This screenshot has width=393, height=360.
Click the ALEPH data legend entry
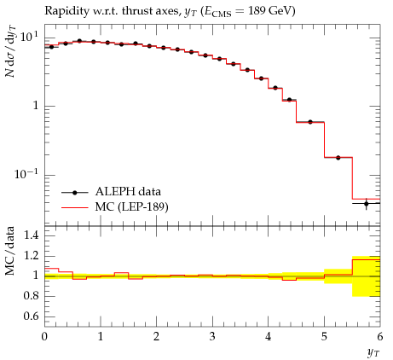pyautogui.click(x=111, y=192)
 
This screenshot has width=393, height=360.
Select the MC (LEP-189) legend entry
pyautogui.click(x=115, y=207)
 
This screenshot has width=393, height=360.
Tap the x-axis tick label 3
pyautogui.click(x=212, y=337)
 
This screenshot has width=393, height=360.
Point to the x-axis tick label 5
pyautogui.click(x=324, y=337)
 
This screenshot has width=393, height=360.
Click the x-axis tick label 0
pyautogui.click(x=44, y=337)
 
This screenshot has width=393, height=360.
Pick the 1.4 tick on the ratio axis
pyautogui.click(x=31, y=235)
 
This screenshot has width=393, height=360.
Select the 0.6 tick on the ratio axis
pyautogui.click(x=31, y=316)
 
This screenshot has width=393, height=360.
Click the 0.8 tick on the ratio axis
pyautogui.click(x=31, y=296)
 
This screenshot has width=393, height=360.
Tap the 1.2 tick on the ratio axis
pyautogui.click(x=31, y=255)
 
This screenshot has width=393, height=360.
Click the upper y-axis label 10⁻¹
pyautogui.click(x=26, y=173)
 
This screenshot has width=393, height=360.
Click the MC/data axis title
pyautogui.click(x=10, y=251)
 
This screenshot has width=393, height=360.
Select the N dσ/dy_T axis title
pyautogui.click(x=10, y=51)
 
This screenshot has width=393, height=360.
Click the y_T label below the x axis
pyautogui.click(x=373, y=352)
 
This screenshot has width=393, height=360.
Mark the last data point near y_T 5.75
pyautogui.click(x=366, y=204)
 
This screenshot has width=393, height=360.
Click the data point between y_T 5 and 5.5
pyautogui.click(x=338, y=158)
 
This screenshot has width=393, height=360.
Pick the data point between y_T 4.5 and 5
pyautogui.click(x=310, y=122)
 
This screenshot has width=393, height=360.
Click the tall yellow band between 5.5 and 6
pyautogui.click(x=366, y=276)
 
